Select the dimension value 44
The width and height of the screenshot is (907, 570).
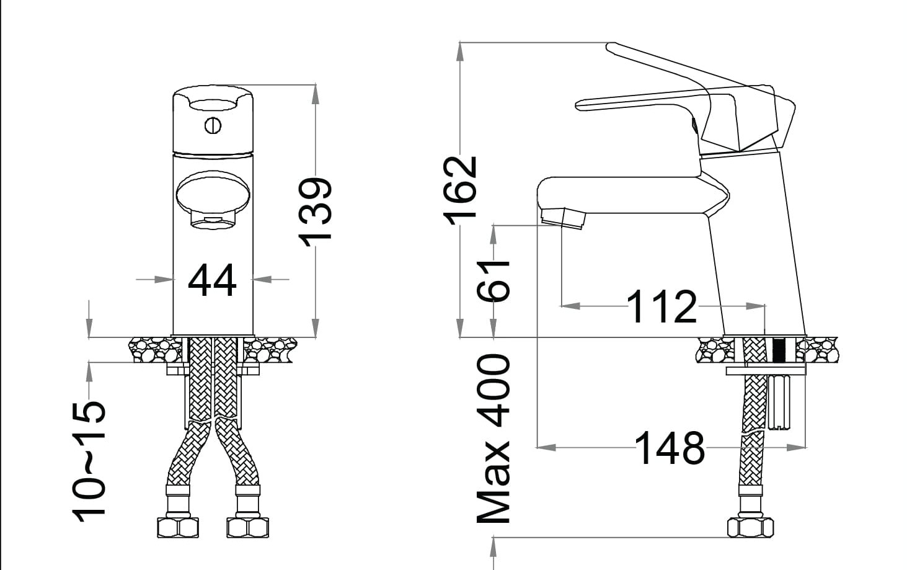pyautogui.click(x=212, y=280)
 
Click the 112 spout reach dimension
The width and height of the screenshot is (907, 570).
pyautogui.click(x=662, y=306)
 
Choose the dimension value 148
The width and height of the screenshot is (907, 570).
pyautogui.click(x=670, y=448)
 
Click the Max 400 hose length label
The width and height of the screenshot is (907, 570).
pyautogui.click(x=493, y=439)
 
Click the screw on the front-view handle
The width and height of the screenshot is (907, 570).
pyautogui.click(x=213, y=126)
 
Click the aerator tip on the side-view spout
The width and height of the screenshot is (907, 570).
pyautogui.click(x=562, y=218)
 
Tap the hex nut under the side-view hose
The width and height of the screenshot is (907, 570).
pyautogui.click(x=750, y=528)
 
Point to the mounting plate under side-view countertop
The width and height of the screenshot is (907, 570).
pyautogui.click(x=766, y=371)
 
